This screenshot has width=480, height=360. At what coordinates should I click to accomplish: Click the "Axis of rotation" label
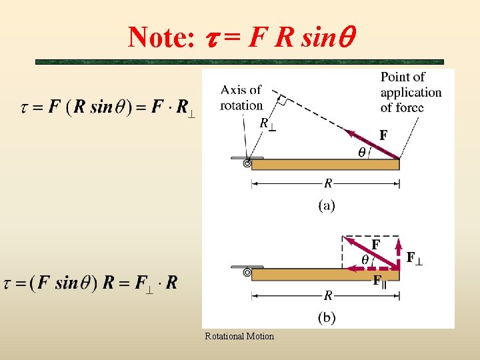point(241,97)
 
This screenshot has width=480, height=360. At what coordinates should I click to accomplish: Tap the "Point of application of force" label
point(411,92)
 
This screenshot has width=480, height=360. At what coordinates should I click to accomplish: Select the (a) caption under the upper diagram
point(326,205)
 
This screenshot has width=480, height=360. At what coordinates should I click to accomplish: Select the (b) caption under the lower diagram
point(326,317)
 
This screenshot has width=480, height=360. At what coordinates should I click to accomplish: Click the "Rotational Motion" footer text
point(239,336)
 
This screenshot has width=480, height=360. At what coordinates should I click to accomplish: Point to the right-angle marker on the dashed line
point(282,101)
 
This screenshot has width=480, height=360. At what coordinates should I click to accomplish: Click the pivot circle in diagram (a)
point(247,163)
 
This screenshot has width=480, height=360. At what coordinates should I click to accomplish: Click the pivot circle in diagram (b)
point(247,273)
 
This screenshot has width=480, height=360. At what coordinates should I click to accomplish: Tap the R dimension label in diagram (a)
point(327,183)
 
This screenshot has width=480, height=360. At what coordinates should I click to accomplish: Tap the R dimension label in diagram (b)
point(327,293)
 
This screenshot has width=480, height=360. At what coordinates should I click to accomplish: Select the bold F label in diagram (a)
point(383,135)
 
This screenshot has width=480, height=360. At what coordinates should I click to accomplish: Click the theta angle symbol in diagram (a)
point(362,152)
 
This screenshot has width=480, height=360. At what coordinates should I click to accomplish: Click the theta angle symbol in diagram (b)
point(365,259)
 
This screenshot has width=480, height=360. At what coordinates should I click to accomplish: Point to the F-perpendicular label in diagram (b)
point(414,257)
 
